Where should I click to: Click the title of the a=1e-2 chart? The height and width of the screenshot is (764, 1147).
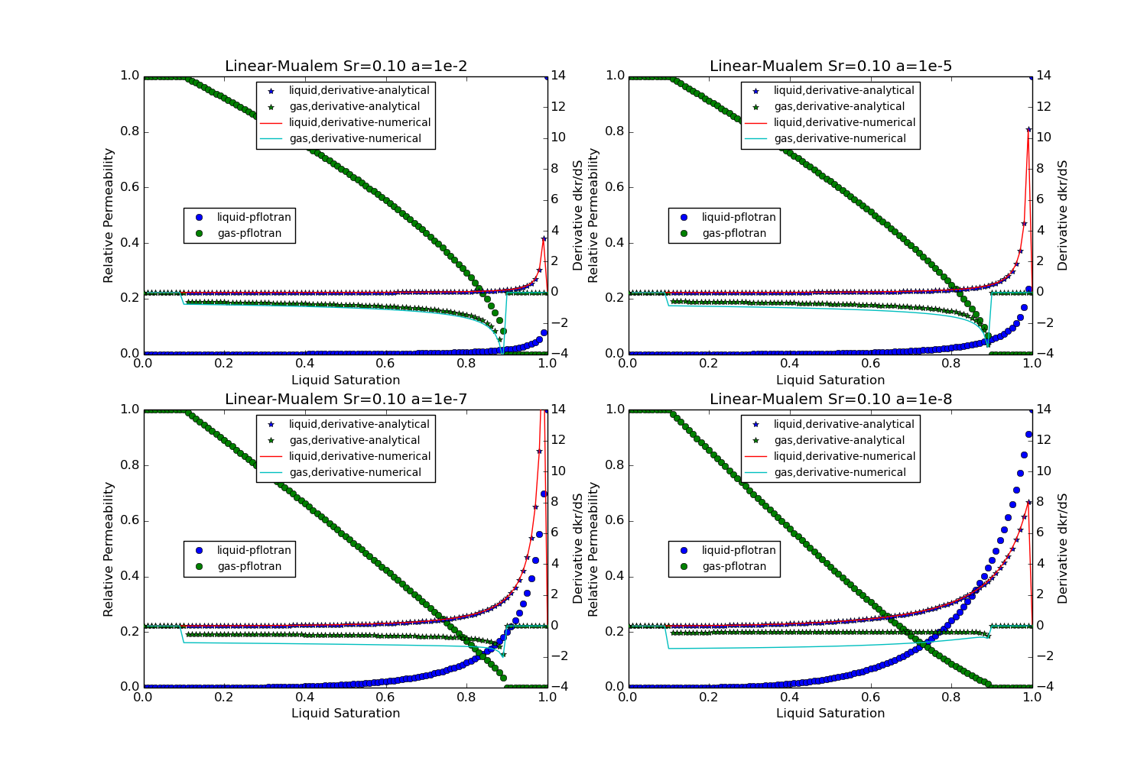click(x=346, y=66)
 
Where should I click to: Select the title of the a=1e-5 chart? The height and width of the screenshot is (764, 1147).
click(x=830, y=66)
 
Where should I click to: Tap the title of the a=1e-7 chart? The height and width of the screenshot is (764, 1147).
click(x=346, y=400)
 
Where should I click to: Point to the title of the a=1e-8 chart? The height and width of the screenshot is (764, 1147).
click(x=830, y=400)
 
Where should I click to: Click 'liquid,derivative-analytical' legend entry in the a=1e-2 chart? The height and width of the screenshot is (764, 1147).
click(x=359, y=90)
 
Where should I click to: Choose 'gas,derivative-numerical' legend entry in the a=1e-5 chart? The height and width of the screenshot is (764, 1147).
click(x=840, y=138)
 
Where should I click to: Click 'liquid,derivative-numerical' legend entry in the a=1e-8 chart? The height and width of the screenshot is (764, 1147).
click(x=844, y=456)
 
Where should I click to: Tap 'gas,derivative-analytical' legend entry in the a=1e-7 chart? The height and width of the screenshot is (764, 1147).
click(x=354, y=440)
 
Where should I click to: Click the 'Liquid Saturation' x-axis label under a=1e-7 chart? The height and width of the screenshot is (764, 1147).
click(x=346, y=713)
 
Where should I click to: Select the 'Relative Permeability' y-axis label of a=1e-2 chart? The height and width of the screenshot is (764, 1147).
click(x=109, y=215)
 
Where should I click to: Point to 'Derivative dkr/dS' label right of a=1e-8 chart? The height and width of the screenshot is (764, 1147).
click(x=1063, y=549)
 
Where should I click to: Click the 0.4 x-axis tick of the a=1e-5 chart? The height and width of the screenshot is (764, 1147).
click(x=790, y=364)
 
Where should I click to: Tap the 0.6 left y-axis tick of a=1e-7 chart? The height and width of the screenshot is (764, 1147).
click(x=129, y=520)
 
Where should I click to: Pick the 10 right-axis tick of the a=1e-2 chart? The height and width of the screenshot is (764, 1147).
click(x=559, y=138)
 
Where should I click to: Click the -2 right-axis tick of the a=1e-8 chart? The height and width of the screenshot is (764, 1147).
click(x=1044, y=656)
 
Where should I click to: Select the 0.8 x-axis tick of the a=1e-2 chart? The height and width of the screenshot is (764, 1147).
click(x=466, y=364)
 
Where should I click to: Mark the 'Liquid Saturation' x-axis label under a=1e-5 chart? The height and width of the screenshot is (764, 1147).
click(x=830, y=380)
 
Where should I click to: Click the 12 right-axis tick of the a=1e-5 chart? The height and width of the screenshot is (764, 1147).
click(x=1044, y=106)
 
